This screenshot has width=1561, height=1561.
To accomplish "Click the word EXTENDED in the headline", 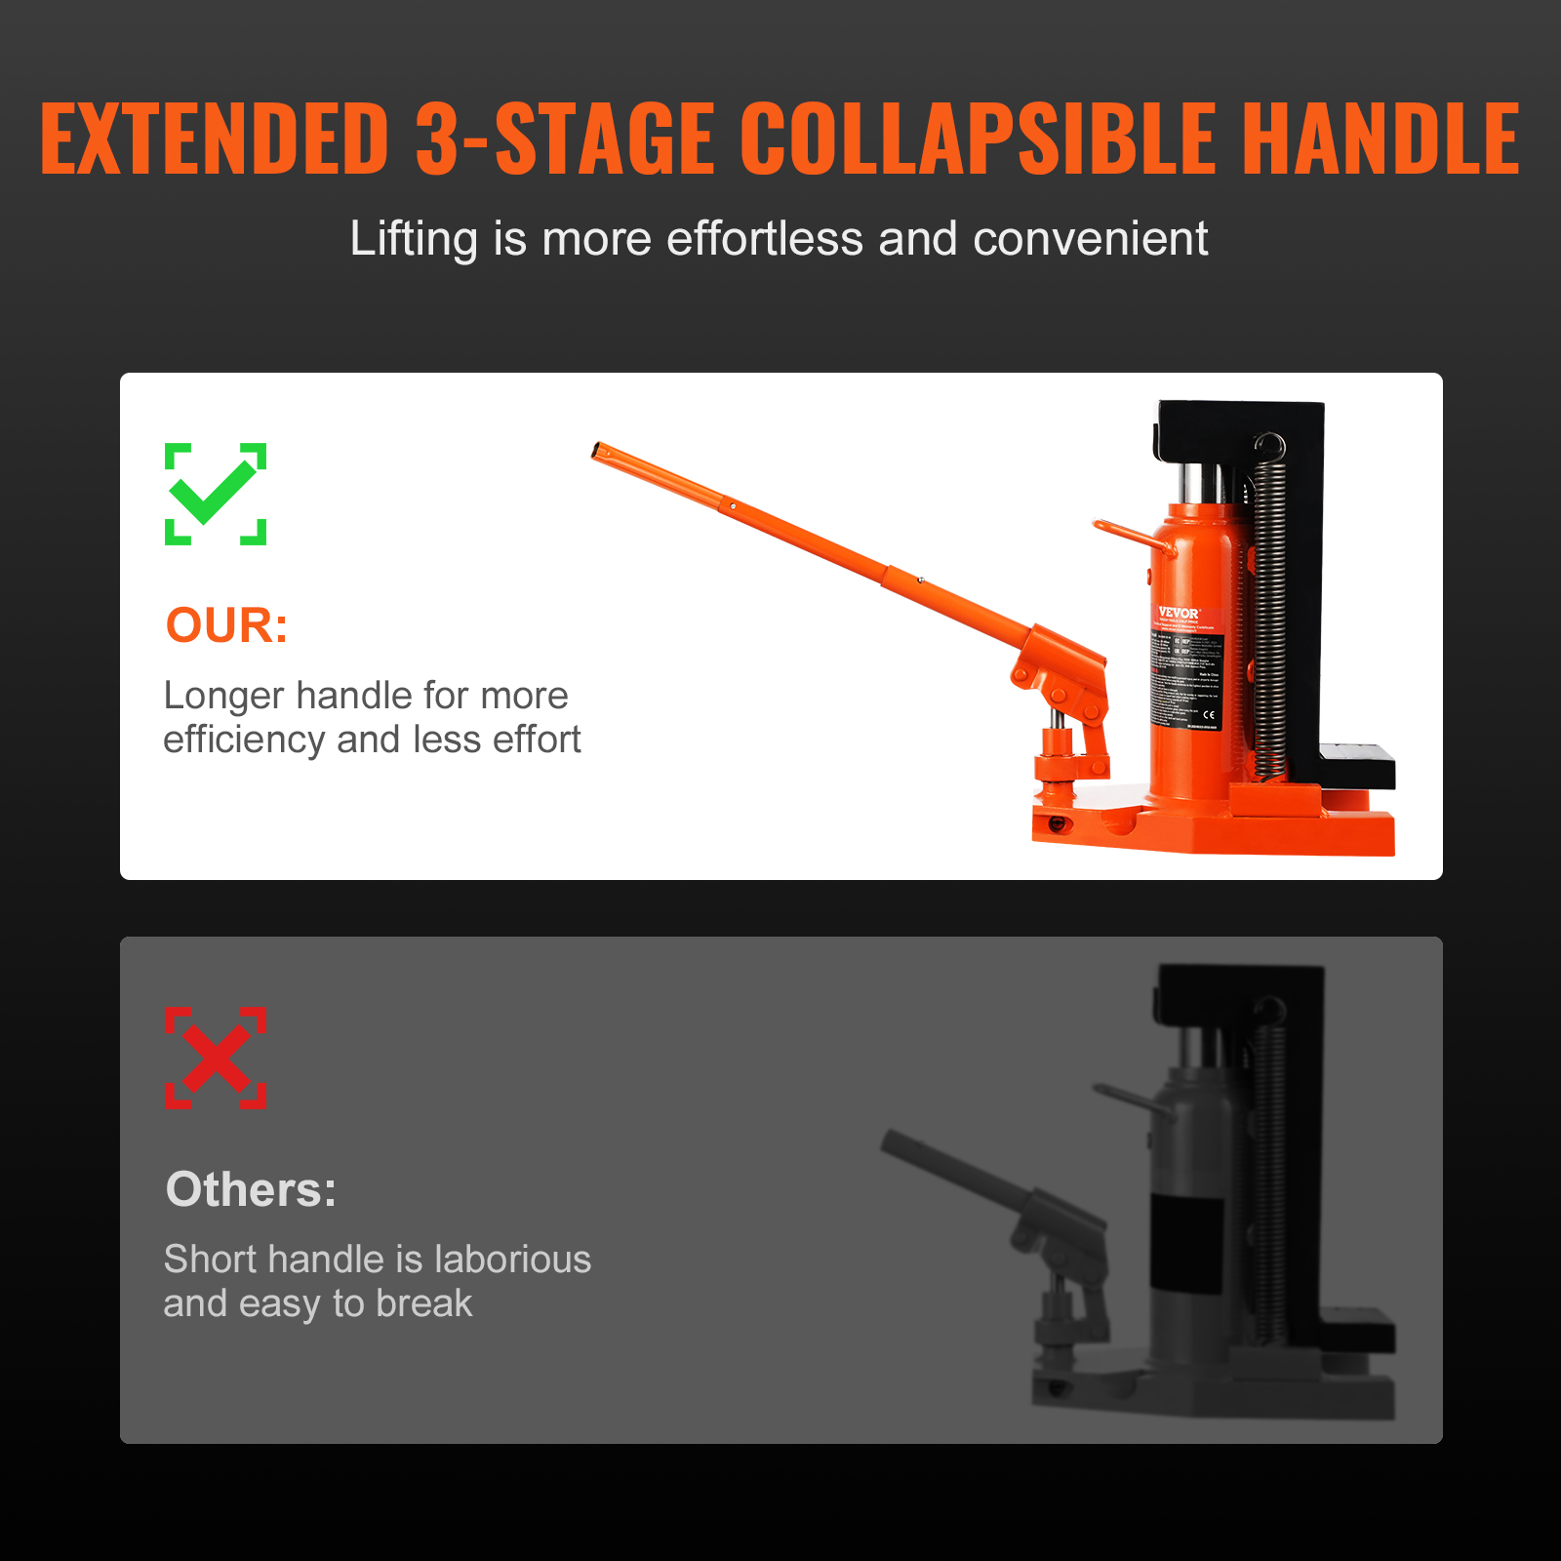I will tap(215, 139).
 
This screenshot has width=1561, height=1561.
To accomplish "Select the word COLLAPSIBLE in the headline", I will tap(978, 139).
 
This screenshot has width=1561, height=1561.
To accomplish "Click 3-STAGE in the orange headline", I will tap(564, 139).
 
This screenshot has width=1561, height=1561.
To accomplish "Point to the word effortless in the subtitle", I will tap(764, 239).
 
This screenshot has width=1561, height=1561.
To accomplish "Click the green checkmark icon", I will tap(216, 494).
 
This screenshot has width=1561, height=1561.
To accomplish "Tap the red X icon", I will tap(216, 1058).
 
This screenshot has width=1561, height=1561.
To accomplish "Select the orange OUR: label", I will tap(226, 625).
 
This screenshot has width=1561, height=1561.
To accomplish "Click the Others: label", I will tap(251, 1189).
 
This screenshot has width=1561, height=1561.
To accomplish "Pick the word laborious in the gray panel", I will tap(512, 1260).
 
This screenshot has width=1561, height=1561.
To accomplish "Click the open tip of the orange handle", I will tap(598, 451).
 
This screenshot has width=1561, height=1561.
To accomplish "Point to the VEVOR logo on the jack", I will tap(1178, 613).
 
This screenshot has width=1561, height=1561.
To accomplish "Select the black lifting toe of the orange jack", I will tap(1356, 766).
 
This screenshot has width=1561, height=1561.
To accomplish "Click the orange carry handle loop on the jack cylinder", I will tap(1122, 535).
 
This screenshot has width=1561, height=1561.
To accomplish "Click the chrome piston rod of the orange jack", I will tap(1199, 483).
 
